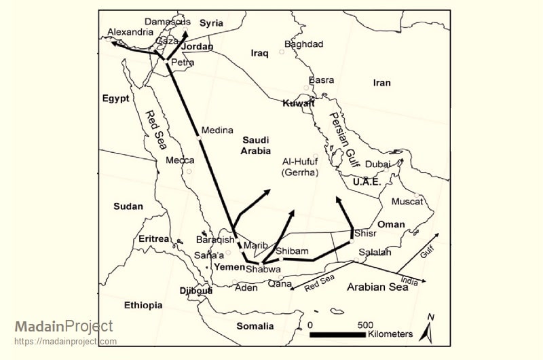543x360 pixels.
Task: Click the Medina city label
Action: tap(217, 130)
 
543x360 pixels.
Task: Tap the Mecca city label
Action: tap(180, 160)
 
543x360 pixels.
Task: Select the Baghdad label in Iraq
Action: tap(304, 44)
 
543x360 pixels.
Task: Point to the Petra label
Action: tap(183, 62)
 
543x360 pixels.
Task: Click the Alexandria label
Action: tap(130, 32)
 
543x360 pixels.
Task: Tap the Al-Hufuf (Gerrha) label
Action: tap(300, 168)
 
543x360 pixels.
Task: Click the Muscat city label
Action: tap(407, 202)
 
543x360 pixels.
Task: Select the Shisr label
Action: tap(365, 233)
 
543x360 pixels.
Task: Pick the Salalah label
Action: tap(374, 252)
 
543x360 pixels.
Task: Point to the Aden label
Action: tap(246, 288)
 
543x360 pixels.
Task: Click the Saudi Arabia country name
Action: tap(256, 145)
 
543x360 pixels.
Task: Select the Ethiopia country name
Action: tap(143, 305)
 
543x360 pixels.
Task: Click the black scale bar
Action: tap(337, 334)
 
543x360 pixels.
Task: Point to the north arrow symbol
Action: tap(428, 329)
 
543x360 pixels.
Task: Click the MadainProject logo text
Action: tap(64, 327)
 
